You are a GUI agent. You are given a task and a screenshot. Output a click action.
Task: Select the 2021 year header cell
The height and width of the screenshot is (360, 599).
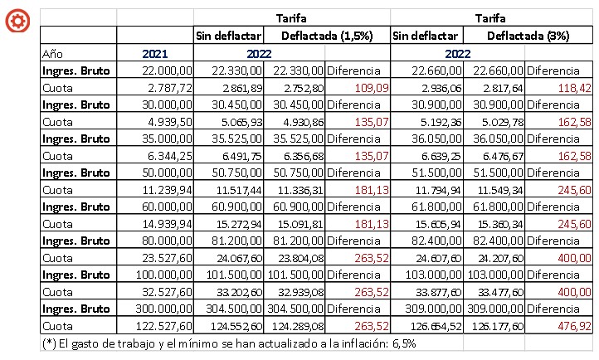point(155,53)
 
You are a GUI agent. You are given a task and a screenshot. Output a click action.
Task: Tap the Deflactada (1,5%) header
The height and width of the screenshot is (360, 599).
point(326,36)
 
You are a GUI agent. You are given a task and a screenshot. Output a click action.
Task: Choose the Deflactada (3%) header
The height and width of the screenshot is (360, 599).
point(527,36)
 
